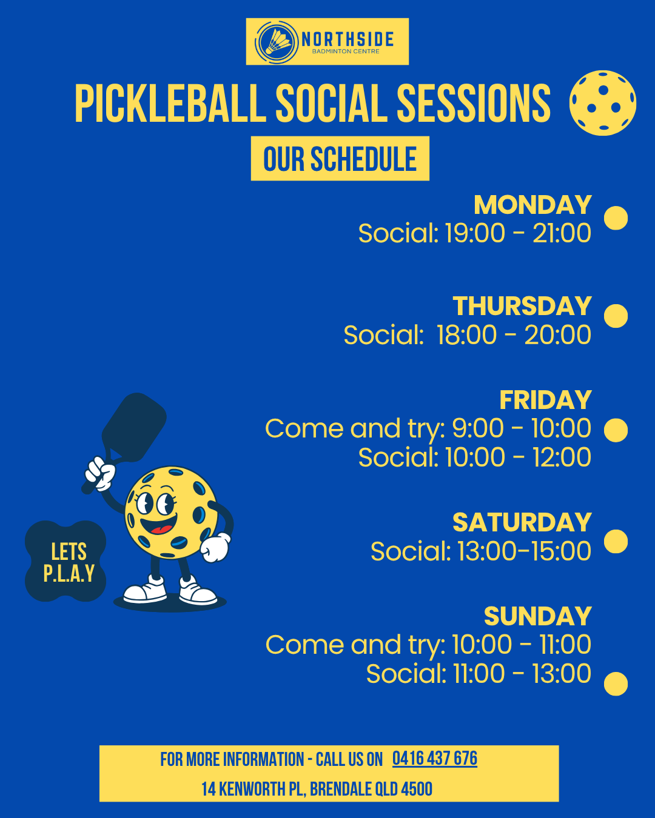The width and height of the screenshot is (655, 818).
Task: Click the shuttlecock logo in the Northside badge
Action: (277, 42)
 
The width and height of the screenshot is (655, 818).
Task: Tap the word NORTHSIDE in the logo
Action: (348, 39)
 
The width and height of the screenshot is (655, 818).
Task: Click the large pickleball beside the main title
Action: (602, 103)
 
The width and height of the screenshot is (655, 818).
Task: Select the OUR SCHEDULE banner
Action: (340, 159)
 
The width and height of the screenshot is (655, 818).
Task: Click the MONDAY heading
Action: (533, 205)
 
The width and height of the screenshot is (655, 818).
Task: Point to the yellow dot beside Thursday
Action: (616, 316)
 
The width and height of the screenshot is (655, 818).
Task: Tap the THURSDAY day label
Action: (522, 307)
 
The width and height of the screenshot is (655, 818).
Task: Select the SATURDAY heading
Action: (522, 522)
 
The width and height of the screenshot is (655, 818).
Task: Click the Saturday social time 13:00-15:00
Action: (524, 551)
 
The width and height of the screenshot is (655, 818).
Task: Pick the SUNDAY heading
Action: (538, 616)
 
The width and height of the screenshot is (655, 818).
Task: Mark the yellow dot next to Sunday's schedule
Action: (616, 684)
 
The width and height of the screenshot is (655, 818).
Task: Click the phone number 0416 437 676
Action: (435, 759)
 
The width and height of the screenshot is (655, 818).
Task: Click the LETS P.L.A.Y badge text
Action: (69, 562)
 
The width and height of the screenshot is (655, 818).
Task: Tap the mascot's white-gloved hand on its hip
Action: (215, 547)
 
